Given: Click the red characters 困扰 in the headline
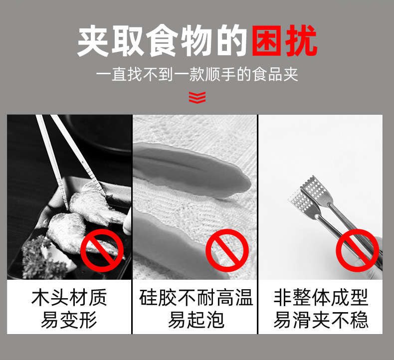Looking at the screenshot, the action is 284,40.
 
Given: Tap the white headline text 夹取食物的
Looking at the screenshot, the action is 162,41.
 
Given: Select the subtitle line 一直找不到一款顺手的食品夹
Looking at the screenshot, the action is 197,74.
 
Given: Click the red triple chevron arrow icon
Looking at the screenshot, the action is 197,97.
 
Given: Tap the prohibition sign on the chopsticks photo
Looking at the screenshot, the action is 102,250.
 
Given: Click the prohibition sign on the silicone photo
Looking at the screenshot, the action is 227,250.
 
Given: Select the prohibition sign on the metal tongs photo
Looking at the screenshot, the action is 357,250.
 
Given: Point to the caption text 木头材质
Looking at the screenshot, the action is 69,298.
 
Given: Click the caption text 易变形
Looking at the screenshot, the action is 69,320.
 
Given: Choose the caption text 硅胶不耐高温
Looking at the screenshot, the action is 196,298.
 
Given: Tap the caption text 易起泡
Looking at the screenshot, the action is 196,320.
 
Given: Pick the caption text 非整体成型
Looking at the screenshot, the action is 321,298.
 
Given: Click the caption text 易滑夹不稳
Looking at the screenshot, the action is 321,320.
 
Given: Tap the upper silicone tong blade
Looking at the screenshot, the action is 191,169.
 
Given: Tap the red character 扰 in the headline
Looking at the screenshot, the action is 302,40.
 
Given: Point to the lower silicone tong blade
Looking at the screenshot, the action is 181,241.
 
